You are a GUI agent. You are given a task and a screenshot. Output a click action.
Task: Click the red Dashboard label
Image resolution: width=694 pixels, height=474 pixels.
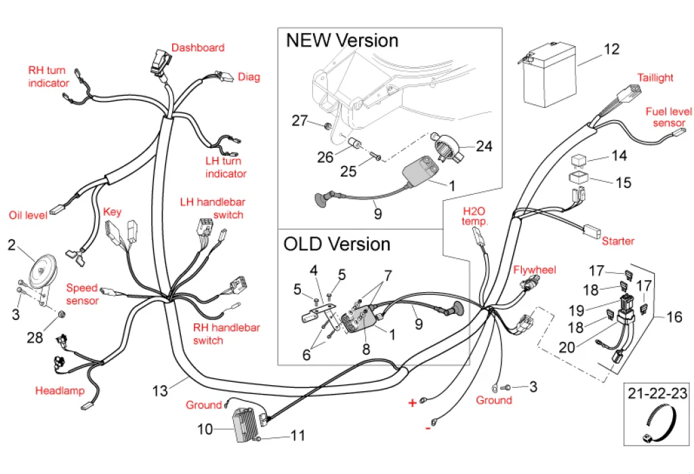197,47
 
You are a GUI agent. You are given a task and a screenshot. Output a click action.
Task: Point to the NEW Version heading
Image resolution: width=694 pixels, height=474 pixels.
342,40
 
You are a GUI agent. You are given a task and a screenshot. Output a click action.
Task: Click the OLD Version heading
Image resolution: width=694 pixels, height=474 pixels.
337,244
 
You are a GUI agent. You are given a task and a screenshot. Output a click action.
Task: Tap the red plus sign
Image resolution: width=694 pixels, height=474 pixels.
412,403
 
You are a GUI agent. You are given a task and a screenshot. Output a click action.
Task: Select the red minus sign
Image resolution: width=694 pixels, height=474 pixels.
428,428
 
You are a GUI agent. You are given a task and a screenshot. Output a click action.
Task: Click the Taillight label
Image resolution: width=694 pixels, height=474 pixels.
655,77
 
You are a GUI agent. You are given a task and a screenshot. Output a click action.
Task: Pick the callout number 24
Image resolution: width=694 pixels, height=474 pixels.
483,146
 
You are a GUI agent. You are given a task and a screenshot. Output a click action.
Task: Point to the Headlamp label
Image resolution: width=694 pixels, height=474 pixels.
60,391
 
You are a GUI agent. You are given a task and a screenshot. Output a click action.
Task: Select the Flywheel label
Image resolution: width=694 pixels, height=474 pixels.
534,270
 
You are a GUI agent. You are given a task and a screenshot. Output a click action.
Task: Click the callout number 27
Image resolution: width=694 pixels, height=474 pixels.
300,121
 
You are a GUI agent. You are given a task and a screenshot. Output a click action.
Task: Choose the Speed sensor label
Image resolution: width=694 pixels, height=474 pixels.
82,294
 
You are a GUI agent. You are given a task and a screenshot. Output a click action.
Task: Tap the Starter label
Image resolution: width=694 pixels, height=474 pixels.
618,241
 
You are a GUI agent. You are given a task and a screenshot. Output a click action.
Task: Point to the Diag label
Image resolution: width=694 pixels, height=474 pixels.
249,77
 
